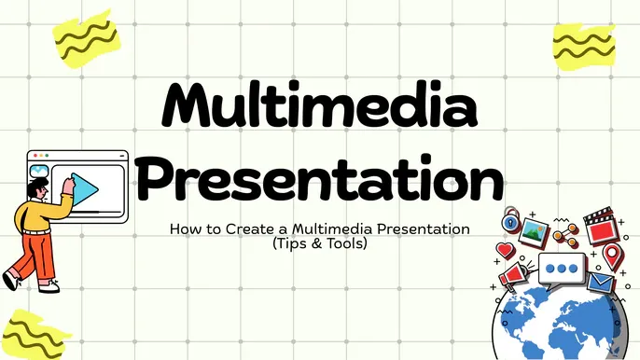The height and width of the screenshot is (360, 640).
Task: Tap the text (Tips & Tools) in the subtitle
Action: tap(320, 244)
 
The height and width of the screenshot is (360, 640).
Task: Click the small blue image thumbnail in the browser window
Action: tap(39, 171)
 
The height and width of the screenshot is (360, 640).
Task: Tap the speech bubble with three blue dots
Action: tap(562, 270)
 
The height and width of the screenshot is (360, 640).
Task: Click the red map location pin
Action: tap(612, 254)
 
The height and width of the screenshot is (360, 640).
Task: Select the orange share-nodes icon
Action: tap(563, 232)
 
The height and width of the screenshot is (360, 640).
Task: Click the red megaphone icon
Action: tap(516, 275)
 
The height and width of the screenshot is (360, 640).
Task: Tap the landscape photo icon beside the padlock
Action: tap(535, 229)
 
